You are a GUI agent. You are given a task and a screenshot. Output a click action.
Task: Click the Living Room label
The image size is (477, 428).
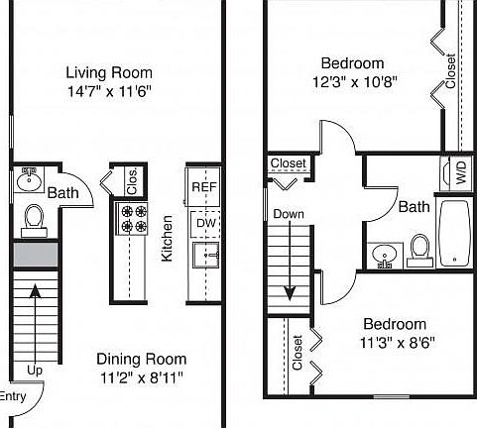coord(109,71)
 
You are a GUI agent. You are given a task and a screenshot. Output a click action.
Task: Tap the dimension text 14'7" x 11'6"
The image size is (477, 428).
coord(109,90)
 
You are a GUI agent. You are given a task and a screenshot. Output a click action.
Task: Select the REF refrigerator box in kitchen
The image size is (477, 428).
coord(203,186)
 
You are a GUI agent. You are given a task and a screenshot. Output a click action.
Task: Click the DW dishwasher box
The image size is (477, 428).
coord(203,224)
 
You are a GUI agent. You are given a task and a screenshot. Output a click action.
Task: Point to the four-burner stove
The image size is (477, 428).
coord(133,218)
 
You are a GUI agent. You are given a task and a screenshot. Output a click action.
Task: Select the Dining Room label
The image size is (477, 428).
coord(141,359)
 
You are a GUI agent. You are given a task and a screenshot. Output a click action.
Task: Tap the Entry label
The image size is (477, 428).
coord(12,396)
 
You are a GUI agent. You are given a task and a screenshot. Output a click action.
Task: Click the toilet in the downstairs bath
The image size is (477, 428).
coord(34,219)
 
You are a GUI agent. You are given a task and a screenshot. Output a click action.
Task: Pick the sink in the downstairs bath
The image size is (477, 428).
coord(27,182)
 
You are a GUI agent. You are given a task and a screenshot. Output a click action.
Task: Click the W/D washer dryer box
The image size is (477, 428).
coord(461,173)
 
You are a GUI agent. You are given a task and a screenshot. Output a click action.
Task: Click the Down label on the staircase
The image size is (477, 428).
coord(289,213)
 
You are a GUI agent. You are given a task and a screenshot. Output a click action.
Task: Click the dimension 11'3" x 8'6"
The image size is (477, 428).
coord(394,342)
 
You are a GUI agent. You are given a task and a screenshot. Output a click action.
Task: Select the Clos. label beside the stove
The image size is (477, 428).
coord(131,182)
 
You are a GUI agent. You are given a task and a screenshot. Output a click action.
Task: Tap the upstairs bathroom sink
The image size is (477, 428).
coord(384,257)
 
